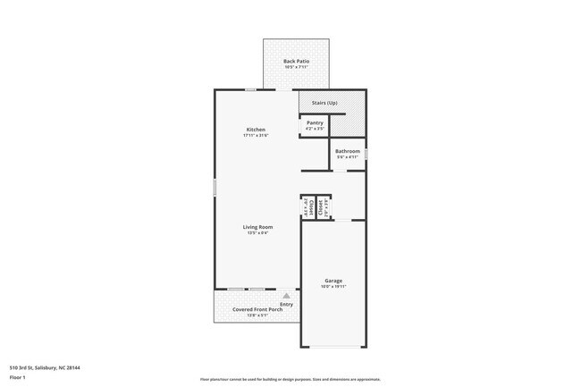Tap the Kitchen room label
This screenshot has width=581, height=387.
[256, 130]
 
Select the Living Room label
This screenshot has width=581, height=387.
[257, 227]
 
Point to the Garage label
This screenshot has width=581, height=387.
[333, 281]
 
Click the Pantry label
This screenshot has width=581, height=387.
[315, 122]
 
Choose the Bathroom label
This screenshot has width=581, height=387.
[348, 151]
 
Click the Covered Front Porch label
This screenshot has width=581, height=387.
[255, 309]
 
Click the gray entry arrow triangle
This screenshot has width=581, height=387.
[286, 295]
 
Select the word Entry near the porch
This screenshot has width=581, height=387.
[286, 304]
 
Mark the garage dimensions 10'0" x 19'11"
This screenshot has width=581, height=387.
[333, 287]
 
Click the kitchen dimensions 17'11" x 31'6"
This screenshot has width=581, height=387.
[256, 136]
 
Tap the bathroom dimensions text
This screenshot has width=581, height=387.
[348, 157]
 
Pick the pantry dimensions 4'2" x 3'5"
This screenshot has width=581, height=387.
[315, 129]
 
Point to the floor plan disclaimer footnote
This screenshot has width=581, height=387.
[290, 379]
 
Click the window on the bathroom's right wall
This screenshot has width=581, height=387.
[366, 154]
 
